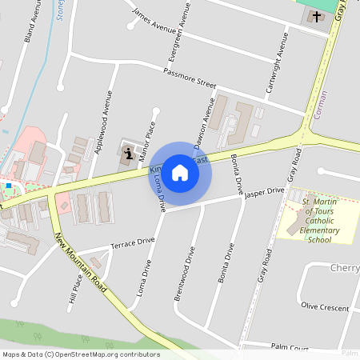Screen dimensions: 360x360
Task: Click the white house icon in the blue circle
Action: [180, 172]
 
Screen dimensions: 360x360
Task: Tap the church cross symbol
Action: [317, 16]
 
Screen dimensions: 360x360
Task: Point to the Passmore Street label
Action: [190, 78]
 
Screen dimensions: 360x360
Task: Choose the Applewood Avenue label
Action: [103, 122]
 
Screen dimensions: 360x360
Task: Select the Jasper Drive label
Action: [264, 193]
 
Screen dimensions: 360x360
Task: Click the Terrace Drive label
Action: [132, 242]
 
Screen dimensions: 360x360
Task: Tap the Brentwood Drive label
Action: [184, 274]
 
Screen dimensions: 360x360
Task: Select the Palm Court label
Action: [289, 347]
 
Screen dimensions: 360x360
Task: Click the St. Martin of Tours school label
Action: [320, 220]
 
